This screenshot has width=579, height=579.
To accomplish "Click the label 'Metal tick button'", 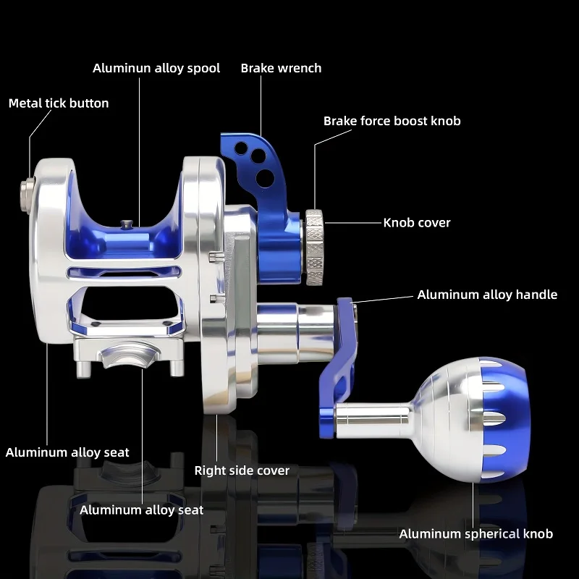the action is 59,103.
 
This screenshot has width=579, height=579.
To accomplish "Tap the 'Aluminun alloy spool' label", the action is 156,68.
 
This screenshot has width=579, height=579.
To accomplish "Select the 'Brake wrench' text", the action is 281,68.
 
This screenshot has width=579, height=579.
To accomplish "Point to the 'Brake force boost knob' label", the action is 392,121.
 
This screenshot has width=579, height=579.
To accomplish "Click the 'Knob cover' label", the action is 417,223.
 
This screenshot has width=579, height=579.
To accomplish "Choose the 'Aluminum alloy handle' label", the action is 487,295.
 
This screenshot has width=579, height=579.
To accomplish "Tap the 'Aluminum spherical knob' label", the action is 476,534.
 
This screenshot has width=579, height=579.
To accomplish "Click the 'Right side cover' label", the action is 242,470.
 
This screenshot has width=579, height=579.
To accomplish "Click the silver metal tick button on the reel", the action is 27,195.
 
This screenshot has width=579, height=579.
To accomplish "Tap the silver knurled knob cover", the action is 314,248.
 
